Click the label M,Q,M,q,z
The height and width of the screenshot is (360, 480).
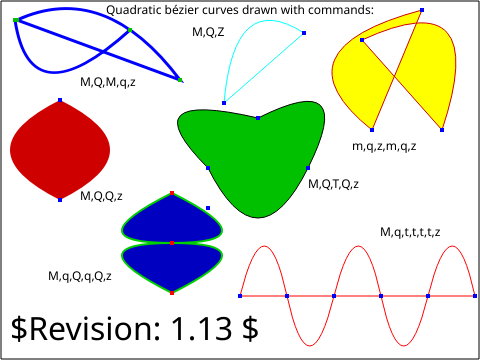point(108,82)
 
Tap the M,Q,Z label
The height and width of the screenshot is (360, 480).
point(208,32)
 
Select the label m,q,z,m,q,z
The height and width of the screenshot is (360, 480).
point(384,146)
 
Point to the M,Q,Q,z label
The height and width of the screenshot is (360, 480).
point(101,196)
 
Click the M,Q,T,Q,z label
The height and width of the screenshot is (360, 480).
point(333,184)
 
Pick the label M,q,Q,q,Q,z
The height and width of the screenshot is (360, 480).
point(80,276)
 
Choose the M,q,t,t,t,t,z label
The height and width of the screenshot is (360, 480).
point(410,232)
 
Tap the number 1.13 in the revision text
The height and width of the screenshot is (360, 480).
point(201,328)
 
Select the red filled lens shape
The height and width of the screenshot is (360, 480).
point(60,150)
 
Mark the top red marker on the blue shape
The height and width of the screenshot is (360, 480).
point(172,193)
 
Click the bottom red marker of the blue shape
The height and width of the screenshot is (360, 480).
point(172,293)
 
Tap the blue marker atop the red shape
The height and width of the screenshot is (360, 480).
point(60,100)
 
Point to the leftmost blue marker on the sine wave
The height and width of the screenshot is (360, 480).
point(240,296)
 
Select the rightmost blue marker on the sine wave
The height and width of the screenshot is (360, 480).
point(475,296)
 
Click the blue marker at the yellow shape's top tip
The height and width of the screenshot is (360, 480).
point(422,10)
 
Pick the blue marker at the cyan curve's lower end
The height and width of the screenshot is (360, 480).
point(224,103)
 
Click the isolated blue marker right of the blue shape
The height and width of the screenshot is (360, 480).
point(208,208)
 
